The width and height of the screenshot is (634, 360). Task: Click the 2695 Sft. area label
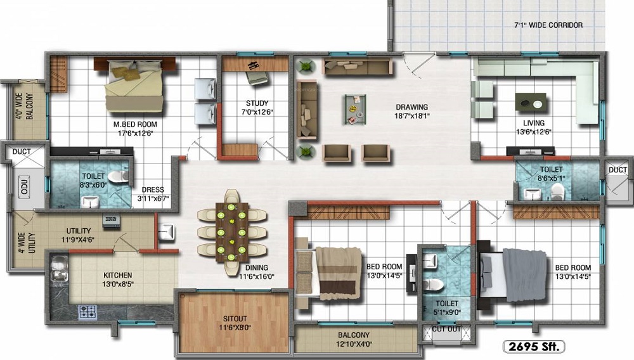click(533, 346)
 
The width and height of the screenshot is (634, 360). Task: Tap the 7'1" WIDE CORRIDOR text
click(548, 25)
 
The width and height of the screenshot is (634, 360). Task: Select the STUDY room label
click(257, 103)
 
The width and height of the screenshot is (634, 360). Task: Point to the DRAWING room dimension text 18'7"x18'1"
click(411, 116)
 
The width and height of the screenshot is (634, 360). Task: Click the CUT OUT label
click(448, 329)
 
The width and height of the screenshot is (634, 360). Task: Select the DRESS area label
click(153, 190)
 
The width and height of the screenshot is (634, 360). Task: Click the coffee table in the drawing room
click(355, 108)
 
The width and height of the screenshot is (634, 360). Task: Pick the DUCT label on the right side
click(617, 170)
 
